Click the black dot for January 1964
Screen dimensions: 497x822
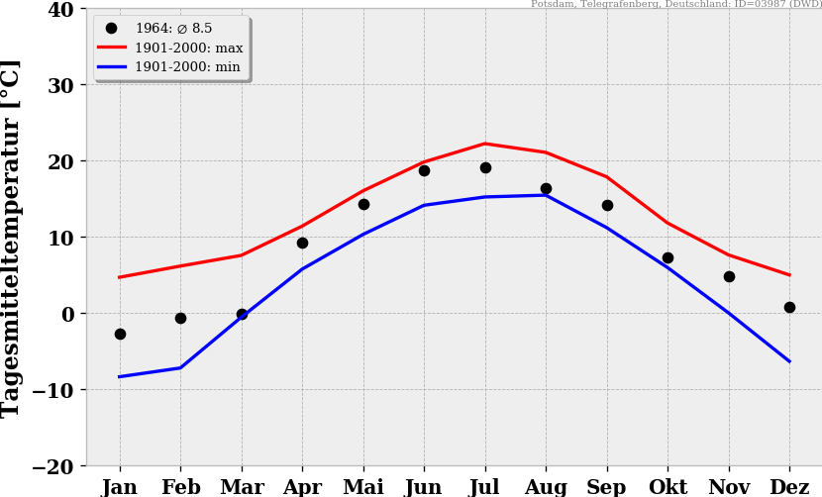[x=120, y=334]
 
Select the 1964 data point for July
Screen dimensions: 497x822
[x=485, y=167]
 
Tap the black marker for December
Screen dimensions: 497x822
[x=789, y=307]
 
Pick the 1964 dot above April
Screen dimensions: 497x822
[x=302, y=243]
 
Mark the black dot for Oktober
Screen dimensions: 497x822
[x=668, y=257]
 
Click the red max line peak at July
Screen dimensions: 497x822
[x=485, y=144]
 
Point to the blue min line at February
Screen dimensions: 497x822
[x=180, y=368]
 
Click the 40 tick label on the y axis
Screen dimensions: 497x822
[x=60, y=10]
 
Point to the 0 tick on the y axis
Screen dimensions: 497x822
[x=67, y=314]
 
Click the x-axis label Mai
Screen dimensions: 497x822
[x=363, y=487]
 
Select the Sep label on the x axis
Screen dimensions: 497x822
[x=607, y=487]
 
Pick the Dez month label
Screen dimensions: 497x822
[x=789, y=487]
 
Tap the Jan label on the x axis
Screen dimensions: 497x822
[x=120, y=487]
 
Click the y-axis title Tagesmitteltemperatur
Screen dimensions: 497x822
[x=12, y=238]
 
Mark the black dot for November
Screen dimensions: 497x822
[x=729, y=276]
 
